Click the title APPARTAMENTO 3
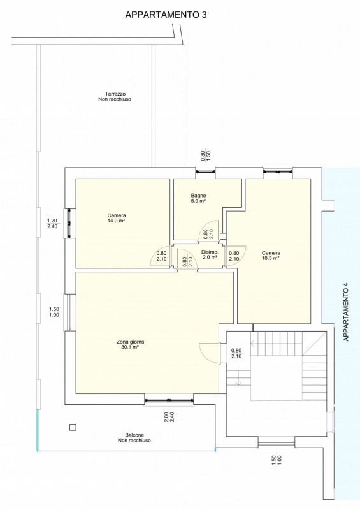(x=166, y=15)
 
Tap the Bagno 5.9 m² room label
(x=198, y=198)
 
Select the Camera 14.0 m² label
(x=117, y=218)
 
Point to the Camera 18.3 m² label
(x=271, y=256)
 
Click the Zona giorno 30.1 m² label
(x=130, y=344)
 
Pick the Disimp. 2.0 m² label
(x=210, y=254)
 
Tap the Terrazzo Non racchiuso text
(x=115, y=97)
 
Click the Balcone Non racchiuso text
(x=134, y=438)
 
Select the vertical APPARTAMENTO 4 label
(x=346, y=312)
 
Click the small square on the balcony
(x=73, y=427)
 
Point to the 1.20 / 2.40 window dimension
(x=52, y=224)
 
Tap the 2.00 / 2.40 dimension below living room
(x=169, y=418)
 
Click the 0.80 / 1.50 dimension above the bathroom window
(x=206, y=156)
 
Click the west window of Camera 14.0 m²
(x=69, y=223)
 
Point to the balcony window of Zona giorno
(x=169, y=400)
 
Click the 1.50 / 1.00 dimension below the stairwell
(x=277, y=460)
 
